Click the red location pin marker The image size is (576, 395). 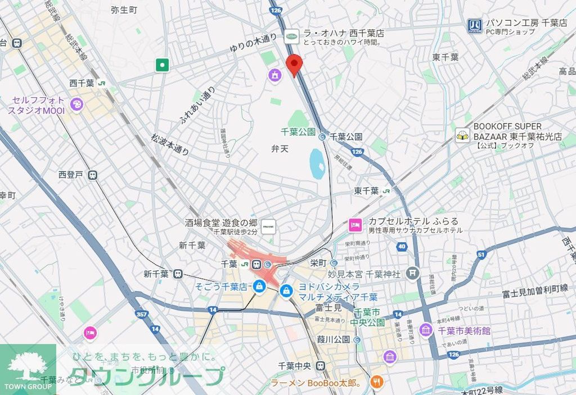tap(294, 65)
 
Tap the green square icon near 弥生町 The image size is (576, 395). tap(163, 65)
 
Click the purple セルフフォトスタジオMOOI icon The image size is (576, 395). tap(77, 104)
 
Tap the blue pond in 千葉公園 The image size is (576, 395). tap(317, 164)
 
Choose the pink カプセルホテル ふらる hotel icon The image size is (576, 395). tap(354, 225)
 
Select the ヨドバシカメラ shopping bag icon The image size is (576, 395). tap(286, 291)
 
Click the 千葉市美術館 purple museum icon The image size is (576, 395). tap(425, 330)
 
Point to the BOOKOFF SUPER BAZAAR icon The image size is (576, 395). tap(462, 135)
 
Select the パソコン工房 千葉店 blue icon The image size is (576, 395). tap(474, 25)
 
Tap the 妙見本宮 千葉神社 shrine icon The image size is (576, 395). tap(413, 273)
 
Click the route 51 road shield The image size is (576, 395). tap(481, 255)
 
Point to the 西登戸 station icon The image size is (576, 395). tap(92, 175)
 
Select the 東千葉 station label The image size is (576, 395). tap(366, 191)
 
